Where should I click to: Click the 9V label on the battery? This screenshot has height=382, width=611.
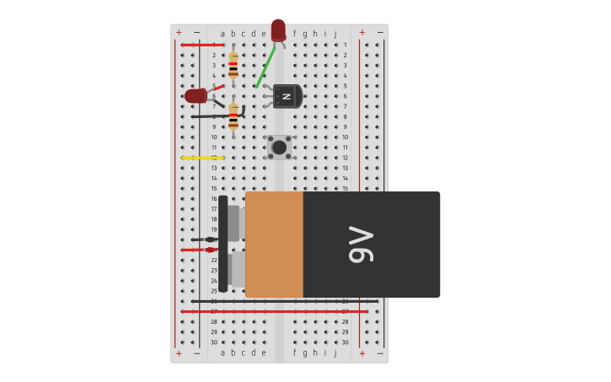[x=362, y=245]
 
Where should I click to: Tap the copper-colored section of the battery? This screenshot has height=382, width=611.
[x=274, y=245]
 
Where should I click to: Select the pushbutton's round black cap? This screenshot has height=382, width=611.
[x=279, y=148]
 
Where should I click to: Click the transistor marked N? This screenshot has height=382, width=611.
[x=287, y=96]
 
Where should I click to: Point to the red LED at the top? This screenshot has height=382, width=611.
[x=278, y=30]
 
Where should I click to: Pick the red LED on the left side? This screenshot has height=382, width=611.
[x=196, y=96]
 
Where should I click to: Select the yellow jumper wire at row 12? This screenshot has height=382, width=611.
[x=202, y=158]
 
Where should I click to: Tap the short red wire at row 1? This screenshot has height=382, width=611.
[x=202, y=45]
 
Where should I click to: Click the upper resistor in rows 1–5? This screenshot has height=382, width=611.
[x=233, y=65]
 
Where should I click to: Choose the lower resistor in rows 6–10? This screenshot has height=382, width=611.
[x=233, y=116]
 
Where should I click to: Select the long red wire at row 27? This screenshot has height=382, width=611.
[x=274, y=311]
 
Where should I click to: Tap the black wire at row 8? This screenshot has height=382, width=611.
[x=216, y=116]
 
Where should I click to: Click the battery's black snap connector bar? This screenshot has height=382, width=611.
[x=223, y=244]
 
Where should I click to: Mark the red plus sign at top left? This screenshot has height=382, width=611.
[x=179, y=33]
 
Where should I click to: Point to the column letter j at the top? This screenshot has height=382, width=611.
[x=335, y=35]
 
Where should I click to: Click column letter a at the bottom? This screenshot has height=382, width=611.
[x=222, y=352]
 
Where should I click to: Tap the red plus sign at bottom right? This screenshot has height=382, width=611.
[x=362, y=353]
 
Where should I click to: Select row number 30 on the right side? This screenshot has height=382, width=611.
[x=345, y=342]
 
